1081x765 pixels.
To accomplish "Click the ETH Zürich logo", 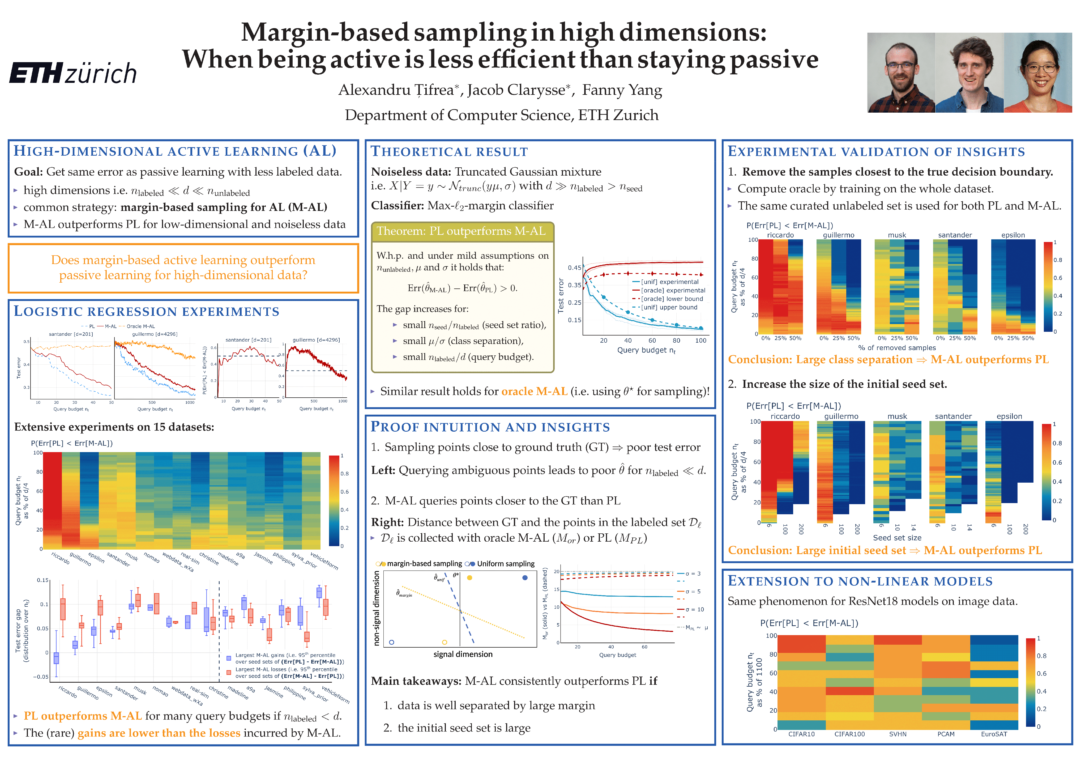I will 73,73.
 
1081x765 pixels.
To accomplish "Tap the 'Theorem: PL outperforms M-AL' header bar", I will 462,231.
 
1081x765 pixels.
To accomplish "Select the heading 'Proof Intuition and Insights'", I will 490,427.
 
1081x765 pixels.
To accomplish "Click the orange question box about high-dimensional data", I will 183,267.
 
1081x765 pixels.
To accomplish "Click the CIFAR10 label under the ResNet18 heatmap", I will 801,734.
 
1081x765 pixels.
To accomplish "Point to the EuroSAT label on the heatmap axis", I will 994,734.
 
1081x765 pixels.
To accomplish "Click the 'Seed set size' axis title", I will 897,537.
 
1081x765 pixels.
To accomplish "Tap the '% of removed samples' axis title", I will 897,348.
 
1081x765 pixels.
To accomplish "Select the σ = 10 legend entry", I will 694,610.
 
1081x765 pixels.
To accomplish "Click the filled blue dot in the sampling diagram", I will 525,577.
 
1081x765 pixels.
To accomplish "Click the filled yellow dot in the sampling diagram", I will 469,577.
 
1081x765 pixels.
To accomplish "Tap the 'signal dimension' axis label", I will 463,654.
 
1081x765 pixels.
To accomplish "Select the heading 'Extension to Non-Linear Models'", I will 860,581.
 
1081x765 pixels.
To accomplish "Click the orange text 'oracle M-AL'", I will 534,392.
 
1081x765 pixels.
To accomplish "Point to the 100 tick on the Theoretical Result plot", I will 700,341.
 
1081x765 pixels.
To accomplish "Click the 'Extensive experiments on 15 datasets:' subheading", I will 114,427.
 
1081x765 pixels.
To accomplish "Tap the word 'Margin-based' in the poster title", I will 324,32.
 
